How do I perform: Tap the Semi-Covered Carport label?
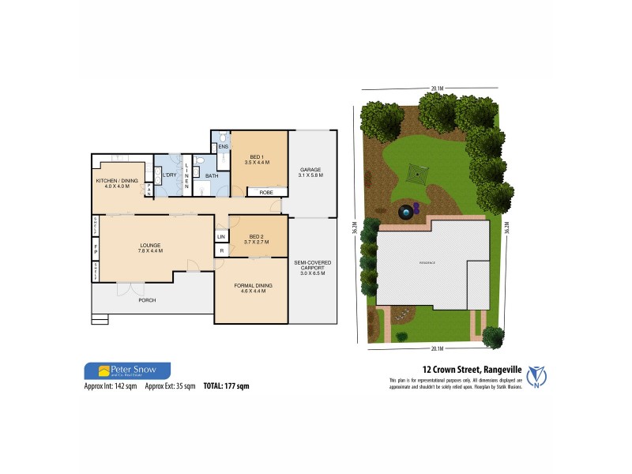[x=311, y=271]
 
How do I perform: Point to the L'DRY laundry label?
[x=169, y=175]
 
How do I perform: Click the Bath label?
[x=212, y=176]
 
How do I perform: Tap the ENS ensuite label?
[x=223, y=147]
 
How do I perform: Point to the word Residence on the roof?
[x=427, y=262]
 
